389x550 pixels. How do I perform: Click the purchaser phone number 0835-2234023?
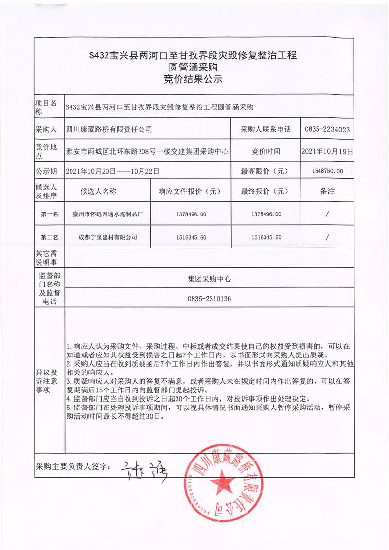[327, 129]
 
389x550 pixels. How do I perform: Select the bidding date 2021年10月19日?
[327, 151]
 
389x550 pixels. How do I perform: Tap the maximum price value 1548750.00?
[327, 171]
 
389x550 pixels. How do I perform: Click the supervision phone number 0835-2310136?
[209, 298]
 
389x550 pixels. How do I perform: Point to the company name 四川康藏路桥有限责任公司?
[109, 129]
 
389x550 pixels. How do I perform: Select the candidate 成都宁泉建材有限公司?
[108, 237]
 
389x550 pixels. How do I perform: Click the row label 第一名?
[49, 214]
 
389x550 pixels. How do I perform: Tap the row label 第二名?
[49, 237]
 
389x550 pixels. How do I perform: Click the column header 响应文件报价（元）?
[190, 191]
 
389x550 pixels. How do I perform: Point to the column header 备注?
[327, 191]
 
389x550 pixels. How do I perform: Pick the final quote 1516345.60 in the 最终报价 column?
[265, 237]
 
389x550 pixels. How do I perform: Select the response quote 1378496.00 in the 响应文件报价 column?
[190, 214]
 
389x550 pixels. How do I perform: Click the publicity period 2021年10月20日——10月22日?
[112, 171]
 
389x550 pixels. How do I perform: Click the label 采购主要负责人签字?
[73, 467]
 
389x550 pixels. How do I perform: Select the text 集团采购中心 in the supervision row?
[209, 279]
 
